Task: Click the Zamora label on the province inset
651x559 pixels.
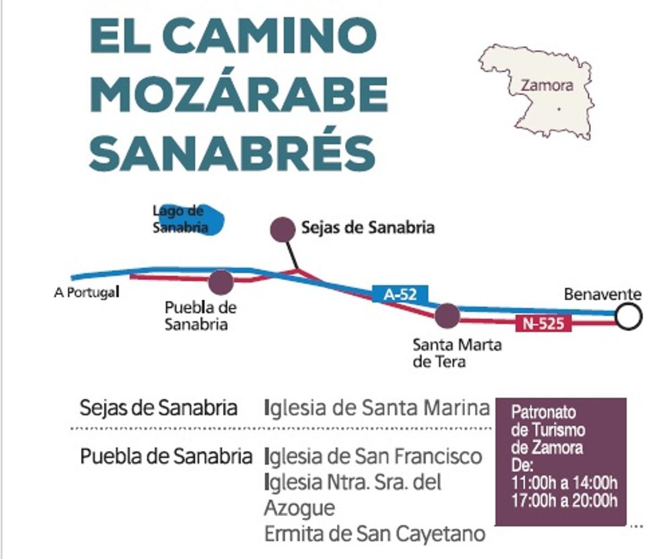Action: pos(546,86)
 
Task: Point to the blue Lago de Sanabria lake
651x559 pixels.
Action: pos(190,220)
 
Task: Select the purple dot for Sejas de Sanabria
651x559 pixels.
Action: pos(283,229)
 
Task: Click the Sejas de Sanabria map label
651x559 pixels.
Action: pos(368,227)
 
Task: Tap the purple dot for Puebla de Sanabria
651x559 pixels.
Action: pos(221,282)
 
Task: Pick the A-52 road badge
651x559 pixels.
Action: pos(400,294)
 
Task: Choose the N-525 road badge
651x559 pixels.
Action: pos(543,324)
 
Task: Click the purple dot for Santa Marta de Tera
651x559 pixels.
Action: pos(447,316)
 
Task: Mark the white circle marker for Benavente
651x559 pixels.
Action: pos(629,316)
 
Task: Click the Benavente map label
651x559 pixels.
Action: pos(602,295)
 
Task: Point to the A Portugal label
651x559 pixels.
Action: pos(86,293)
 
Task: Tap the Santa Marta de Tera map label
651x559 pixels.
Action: pos(457,353)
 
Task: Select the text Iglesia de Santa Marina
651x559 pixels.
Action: pos(377,407)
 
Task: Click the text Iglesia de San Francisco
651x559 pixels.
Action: pos(373,456)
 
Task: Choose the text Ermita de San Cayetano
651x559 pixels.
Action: pos(374,534)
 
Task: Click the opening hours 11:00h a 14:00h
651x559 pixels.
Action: pos(564,482)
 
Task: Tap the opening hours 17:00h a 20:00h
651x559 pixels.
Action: pos(564,500)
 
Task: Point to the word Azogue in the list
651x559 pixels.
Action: pos(299,508)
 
